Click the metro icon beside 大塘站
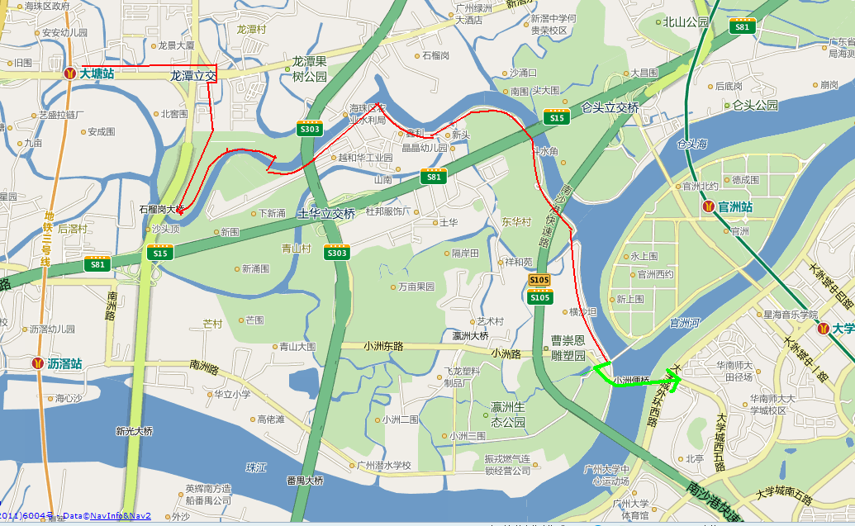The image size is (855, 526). [70, 73]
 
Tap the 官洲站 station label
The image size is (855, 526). [735, 206]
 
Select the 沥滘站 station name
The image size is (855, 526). [64, 363]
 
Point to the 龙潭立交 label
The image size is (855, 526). [192, 75]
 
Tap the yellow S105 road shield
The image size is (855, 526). [539, 281]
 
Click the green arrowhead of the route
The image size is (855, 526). [673, 381]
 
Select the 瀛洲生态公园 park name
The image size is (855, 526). [508, 415]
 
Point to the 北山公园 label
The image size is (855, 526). [686, 22]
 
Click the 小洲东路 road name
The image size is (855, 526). [387, 347]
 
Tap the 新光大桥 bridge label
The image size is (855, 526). [134, 430]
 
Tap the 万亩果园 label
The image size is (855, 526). [416, 287]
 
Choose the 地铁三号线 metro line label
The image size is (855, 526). [49, 239]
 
